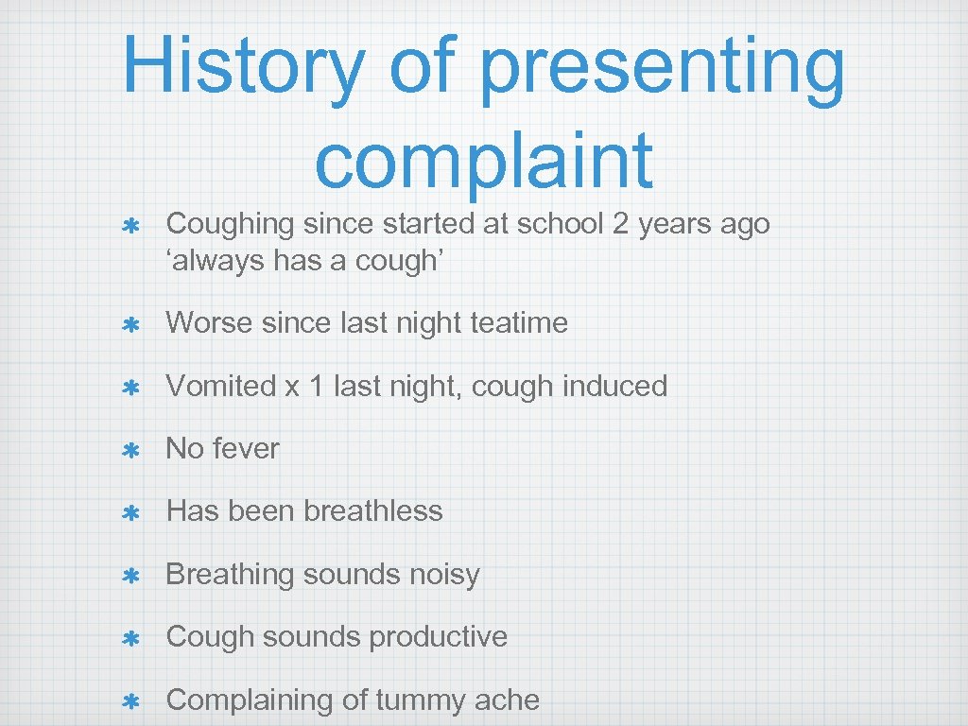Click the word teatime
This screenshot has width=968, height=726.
tap(518, 322)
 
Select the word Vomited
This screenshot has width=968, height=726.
tap(221, 386)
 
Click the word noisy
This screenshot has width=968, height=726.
tap(443, 574)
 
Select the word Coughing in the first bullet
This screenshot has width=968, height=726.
tap(230, 224)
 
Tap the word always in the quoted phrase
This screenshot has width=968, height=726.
tap(216, 260)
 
